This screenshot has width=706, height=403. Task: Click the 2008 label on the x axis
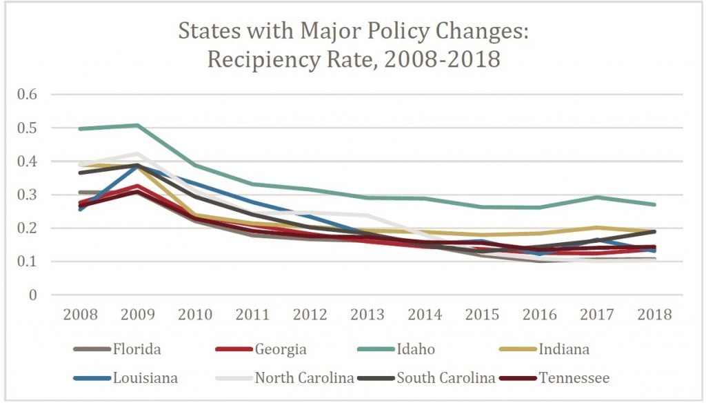(x=81, y=315)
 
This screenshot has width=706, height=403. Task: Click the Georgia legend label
(x=281, y=349)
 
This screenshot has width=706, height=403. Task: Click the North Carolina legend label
(x=305, y=377)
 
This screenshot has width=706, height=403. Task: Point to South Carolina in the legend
(x=446, y=377)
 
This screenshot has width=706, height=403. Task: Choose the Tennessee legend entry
(x=574, y=377)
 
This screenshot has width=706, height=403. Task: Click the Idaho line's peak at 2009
(x=138, y=126)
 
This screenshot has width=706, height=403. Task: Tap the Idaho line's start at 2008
(x=81, y=128)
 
